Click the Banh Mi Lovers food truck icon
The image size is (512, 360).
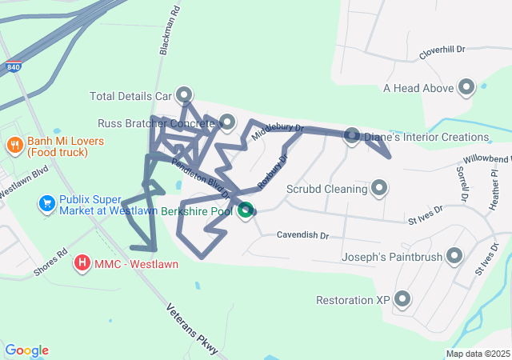14,146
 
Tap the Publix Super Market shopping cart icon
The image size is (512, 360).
46,205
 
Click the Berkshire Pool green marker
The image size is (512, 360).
246,211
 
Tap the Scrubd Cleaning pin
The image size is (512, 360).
379,189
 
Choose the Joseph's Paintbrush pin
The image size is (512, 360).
454,257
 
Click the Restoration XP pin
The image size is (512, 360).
402,300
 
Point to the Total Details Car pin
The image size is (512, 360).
184,95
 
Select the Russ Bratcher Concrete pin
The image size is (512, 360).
227,122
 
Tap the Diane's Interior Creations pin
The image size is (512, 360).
351,137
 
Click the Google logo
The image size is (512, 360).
26,350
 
